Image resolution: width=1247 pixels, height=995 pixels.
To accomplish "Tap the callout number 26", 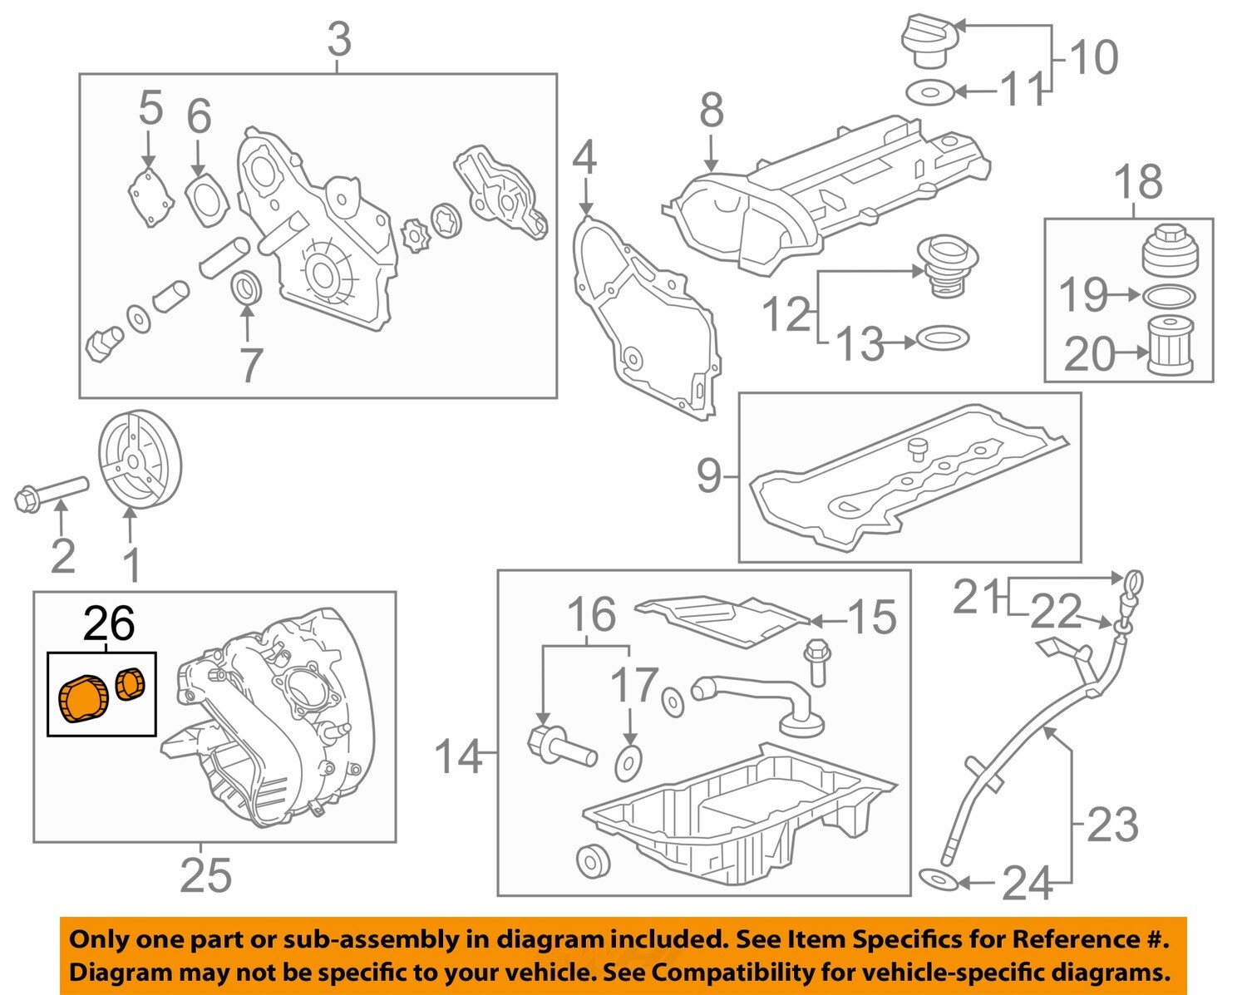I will [109, 623].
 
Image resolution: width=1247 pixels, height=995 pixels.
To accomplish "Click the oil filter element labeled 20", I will [1170, 346].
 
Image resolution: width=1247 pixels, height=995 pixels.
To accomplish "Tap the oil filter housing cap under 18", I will [1169, 249].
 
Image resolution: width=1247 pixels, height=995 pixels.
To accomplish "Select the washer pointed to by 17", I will [628, 762].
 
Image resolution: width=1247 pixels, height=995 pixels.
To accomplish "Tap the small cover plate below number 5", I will [150, 198].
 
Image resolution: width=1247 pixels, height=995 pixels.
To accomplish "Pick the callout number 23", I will [1112, 825].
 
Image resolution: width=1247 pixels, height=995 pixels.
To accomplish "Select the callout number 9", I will [708, 477].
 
